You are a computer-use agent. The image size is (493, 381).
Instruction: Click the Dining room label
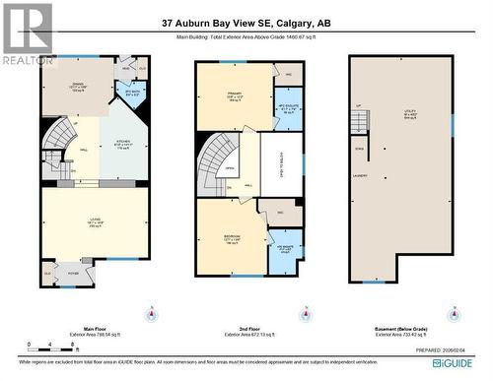[x=79, y=88]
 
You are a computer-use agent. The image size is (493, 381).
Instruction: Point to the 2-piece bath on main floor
[x=132, y=94]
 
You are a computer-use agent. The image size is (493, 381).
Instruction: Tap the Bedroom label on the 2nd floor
[x=233, y=238]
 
